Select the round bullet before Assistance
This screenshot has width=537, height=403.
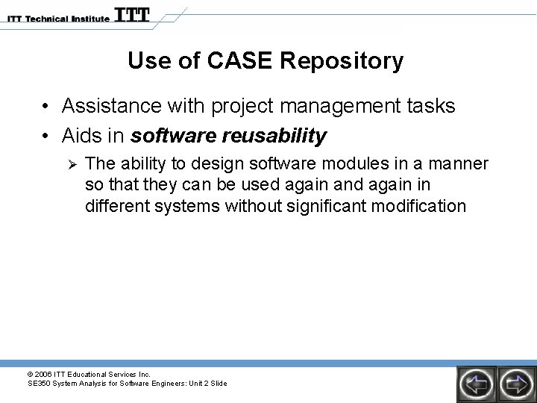point(47,107)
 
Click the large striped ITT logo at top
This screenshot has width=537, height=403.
point(132,15)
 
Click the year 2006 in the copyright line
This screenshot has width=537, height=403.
point(43,374)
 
